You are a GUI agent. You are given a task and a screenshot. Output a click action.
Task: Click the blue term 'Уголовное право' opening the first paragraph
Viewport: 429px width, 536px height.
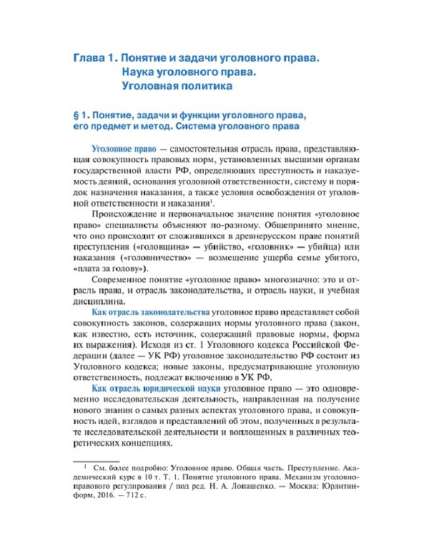click(119, 148)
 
